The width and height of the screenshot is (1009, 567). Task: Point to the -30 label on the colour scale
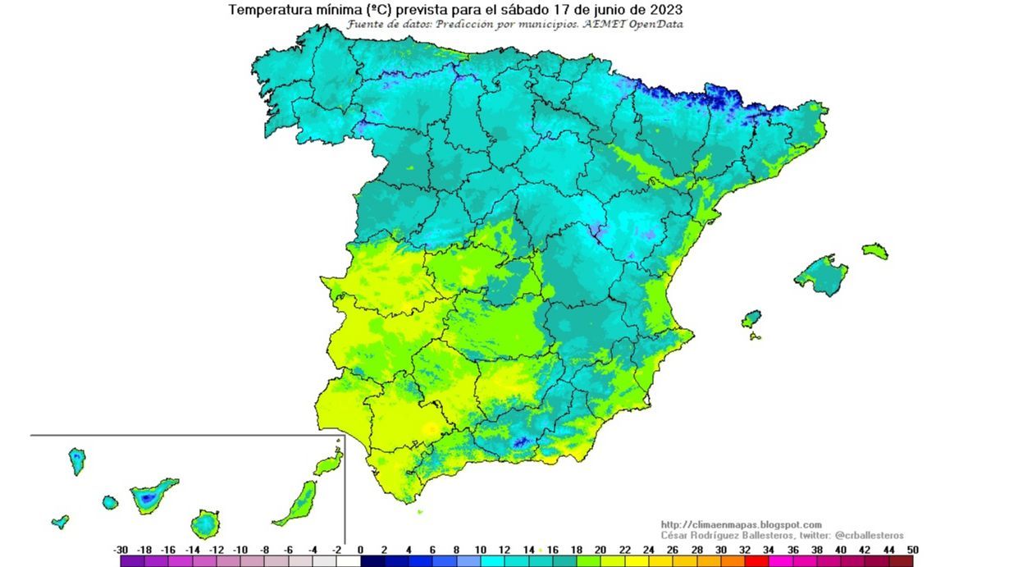pos(121,550)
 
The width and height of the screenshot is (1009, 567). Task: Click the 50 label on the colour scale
pos(912,550)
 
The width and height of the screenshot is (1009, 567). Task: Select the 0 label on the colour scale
pos(361,550)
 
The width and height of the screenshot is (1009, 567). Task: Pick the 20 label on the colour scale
pos(600,550)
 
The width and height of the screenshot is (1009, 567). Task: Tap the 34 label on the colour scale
pos(769,550)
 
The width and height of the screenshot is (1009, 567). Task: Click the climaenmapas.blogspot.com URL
pos(740,524)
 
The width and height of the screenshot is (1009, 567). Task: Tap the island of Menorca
pos(874,250)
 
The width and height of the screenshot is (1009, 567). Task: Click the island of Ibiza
pos(751,318)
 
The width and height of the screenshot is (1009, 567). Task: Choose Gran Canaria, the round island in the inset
pos(205,523)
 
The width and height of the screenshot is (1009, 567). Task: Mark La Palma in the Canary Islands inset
pos(77,460)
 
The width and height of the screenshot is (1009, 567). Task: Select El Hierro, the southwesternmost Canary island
pos(60,521)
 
